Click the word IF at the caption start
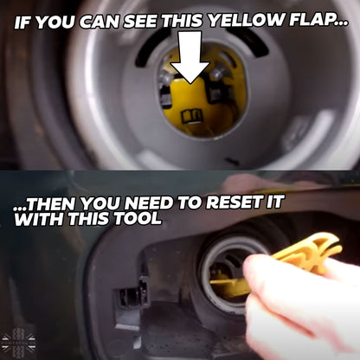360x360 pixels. click(x=26, y=17)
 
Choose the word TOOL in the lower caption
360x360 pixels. click(x=140, y=219)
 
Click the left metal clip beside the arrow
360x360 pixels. click(x=164, y=88)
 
